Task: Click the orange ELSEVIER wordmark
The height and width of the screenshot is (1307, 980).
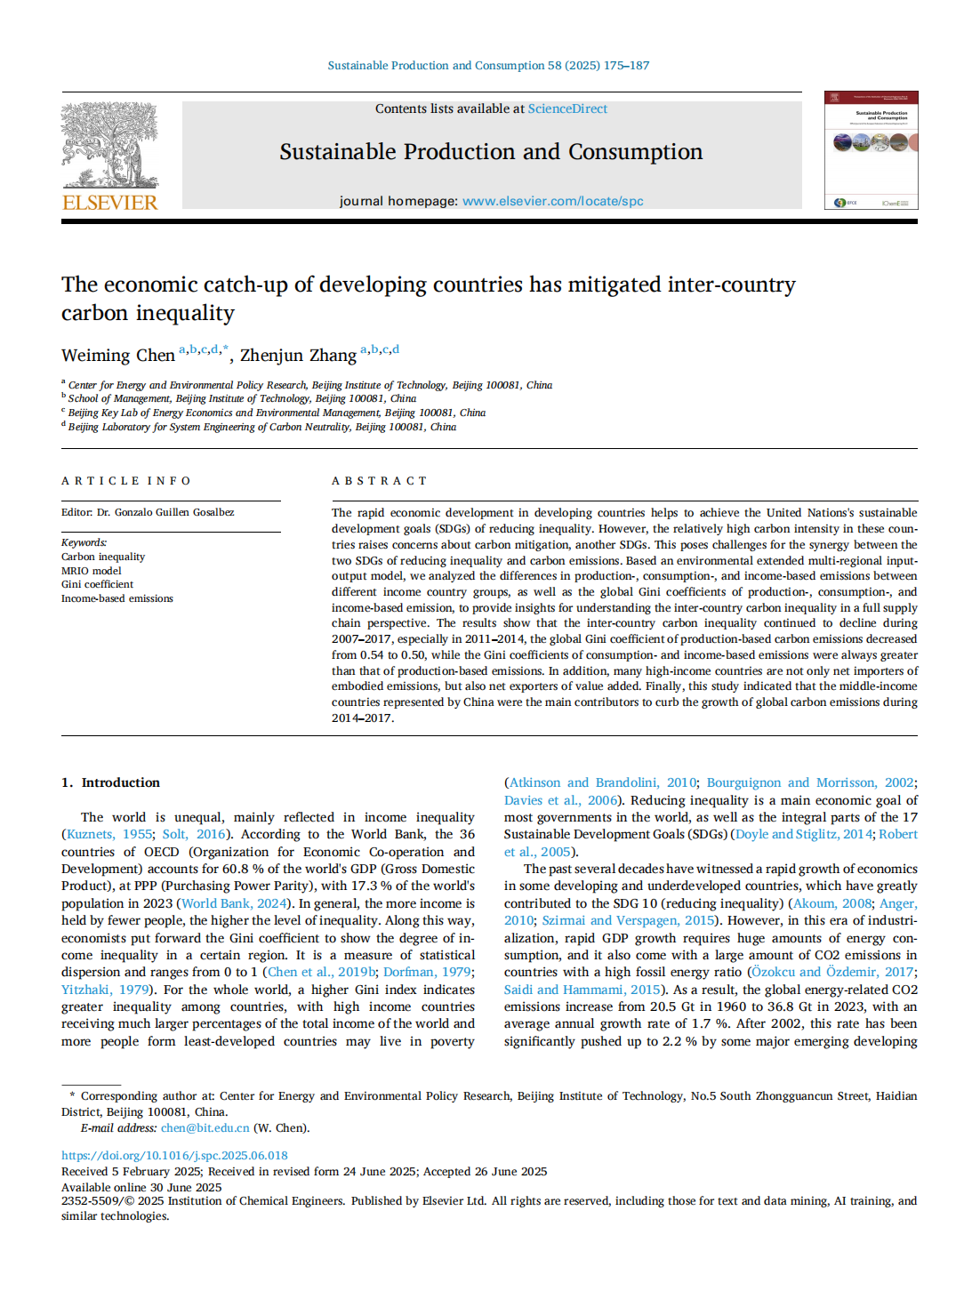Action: point(109,203)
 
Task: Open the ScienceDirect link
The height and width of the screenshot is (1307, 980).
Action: point(567,108)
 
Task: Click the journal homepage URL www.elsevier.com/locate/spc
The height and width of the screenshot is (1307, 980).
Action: point(552,201)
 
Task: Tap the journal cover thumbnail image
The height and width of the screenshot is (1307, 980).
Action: point(871,150)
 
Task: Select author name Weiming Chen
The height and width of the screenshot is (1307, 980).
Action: point(117,356)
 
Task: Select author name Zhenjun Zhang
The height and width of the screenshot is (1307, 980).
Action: point(298,356)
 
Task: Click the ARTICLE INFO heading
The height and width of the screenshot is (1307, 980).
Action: point(126,481)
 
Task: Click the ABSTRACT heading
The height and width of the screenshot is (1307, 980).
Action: point(380,481)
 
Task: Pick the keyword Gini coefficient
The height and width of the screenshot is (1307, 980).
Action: point(98,584)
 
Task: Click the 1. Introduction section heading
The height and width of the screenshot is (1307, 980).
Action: point(111,782)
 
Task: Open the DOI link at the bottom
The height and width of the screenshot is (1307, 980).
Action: point(174,1156)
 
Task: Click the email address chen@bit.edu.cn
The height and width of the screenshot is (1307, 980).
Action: point(205,1128)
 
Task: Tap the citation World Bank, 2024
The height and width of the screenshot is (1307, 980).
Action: point(235,903)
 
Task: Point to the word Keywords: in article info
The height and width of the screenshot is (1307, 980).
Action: point(84,542)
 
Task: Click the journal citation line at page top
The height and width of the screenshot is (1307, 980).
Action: point(488,66)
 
